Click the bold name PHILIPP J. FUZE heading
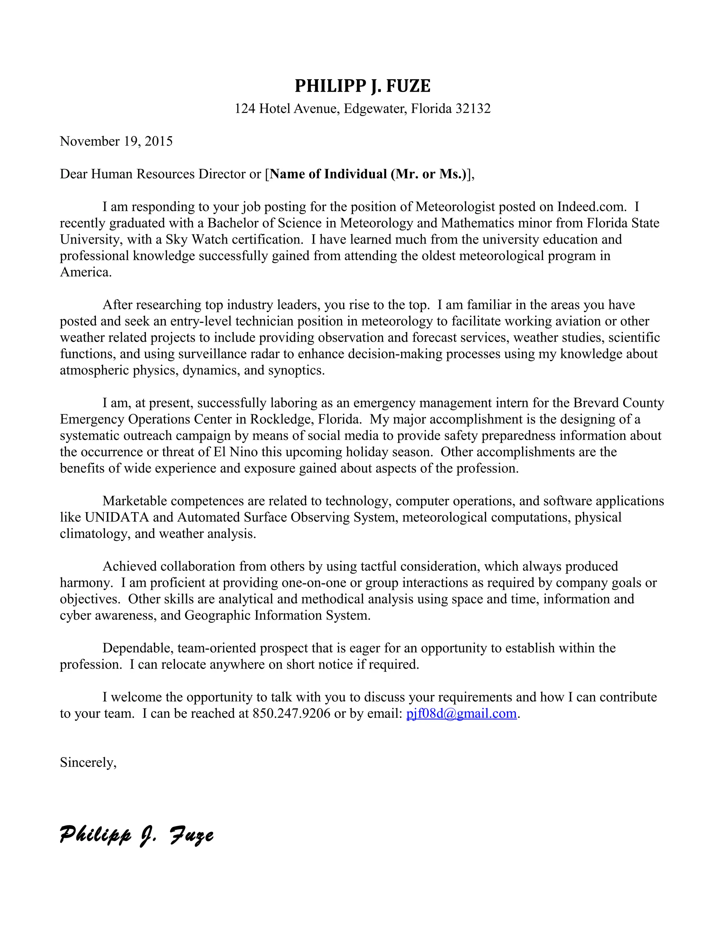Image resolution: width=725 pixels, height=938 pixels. pyautogui.click(x=362, y=86)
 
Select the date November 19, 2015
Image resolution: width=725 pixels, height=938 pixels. pyautogui.click(x=116, y=141)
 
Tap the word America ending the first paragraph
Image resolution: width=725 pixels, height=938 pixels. pyautogui.click(x=85, y=272)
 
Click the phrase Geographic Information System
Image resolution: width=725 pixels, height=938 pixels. pyautogui.click(x=277, y=616)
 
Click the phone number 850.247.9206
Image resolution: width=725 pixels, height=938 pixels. pyautogui.click(x=291, y=713)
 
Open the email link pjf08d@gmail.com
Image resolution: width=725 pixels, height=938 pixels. pyautogui.click(x=461, y=713)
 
